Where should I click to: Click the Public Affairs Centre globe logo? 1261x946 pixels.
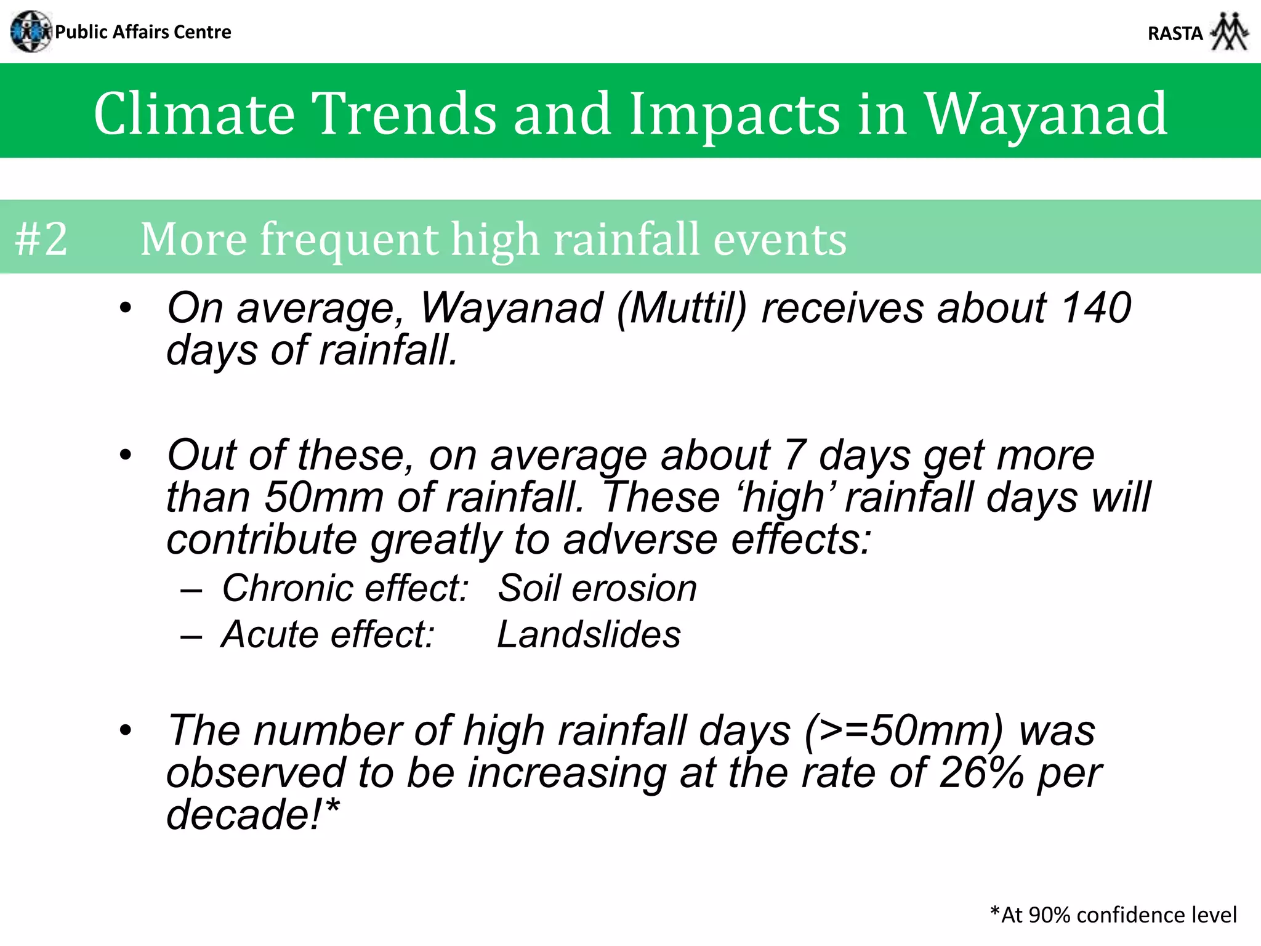31,31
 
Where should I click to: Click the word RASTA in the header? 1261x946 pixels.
1175,33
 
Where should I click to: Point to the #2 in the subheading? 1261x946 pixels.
41,239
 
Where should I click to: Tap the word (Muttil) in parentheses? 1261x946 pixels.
681,308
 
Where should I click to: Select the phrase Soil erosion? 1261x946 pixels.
597,588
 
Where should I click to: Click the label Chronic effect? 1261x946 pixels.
345,588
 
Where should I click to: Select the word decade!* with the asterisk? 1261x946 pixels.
252,814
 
